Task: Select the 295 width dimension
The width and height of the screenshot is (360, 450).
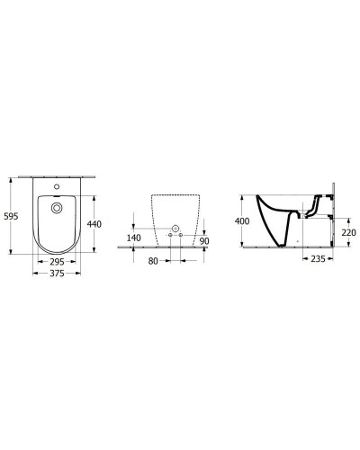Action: coord(56,263)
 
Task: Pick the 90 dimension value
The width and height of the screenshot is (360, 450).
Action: coord(205,241)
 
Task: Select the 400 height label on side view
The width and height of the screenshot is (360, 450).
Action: coord(241,220)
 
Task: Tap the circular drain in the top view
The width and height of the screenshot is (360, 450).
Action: coord(57,209)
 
